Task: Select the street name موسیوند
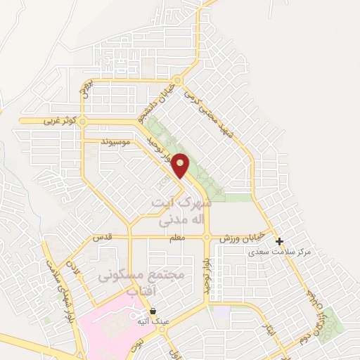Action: (116, 142)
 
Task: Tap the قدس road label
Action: (103, 238)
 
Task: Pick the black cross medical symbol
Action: (280, 241)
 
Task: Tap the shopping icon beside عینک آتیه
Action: (153, 310)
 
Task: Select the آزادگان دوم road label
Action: (320, 316)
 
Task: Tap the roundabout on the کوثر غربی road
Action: (82, 122)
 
